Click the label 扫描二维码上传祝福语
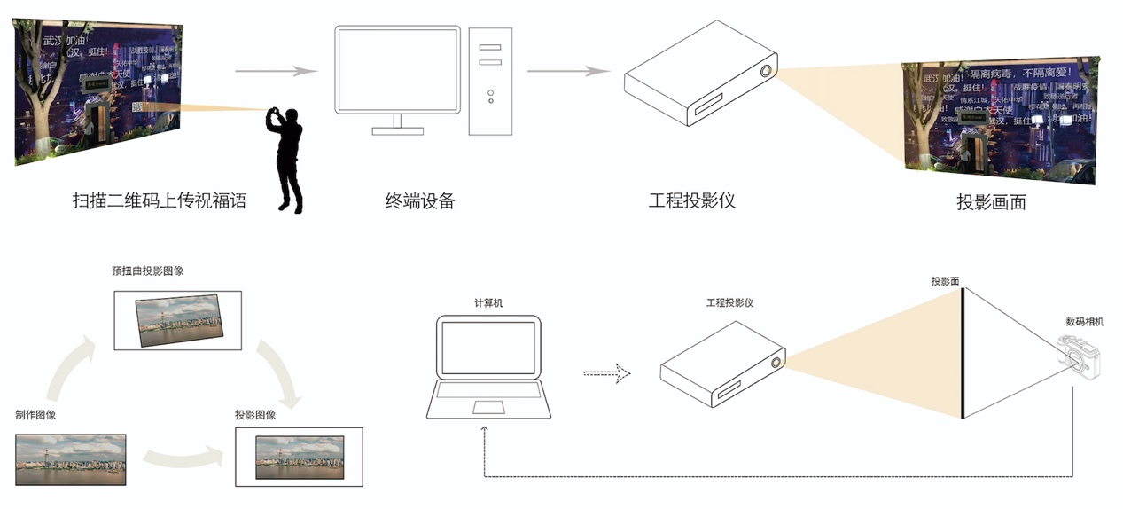point(159,201)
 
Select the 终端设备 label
point(419,200)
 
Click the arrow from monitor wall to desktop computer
point(276,71)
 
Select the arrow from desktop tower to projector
point(568,71)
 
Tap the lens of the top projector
point(764,72)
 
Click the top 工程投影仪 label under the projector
point(692,200)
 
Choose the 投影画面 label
point(991,202)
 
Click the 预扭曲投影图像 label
point(148,270)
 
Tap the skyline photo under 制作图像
point(70,458)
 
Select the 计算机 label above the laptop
point(488,303)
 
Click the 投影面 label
point(945,281)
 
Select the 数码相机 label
point(1085,322)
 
